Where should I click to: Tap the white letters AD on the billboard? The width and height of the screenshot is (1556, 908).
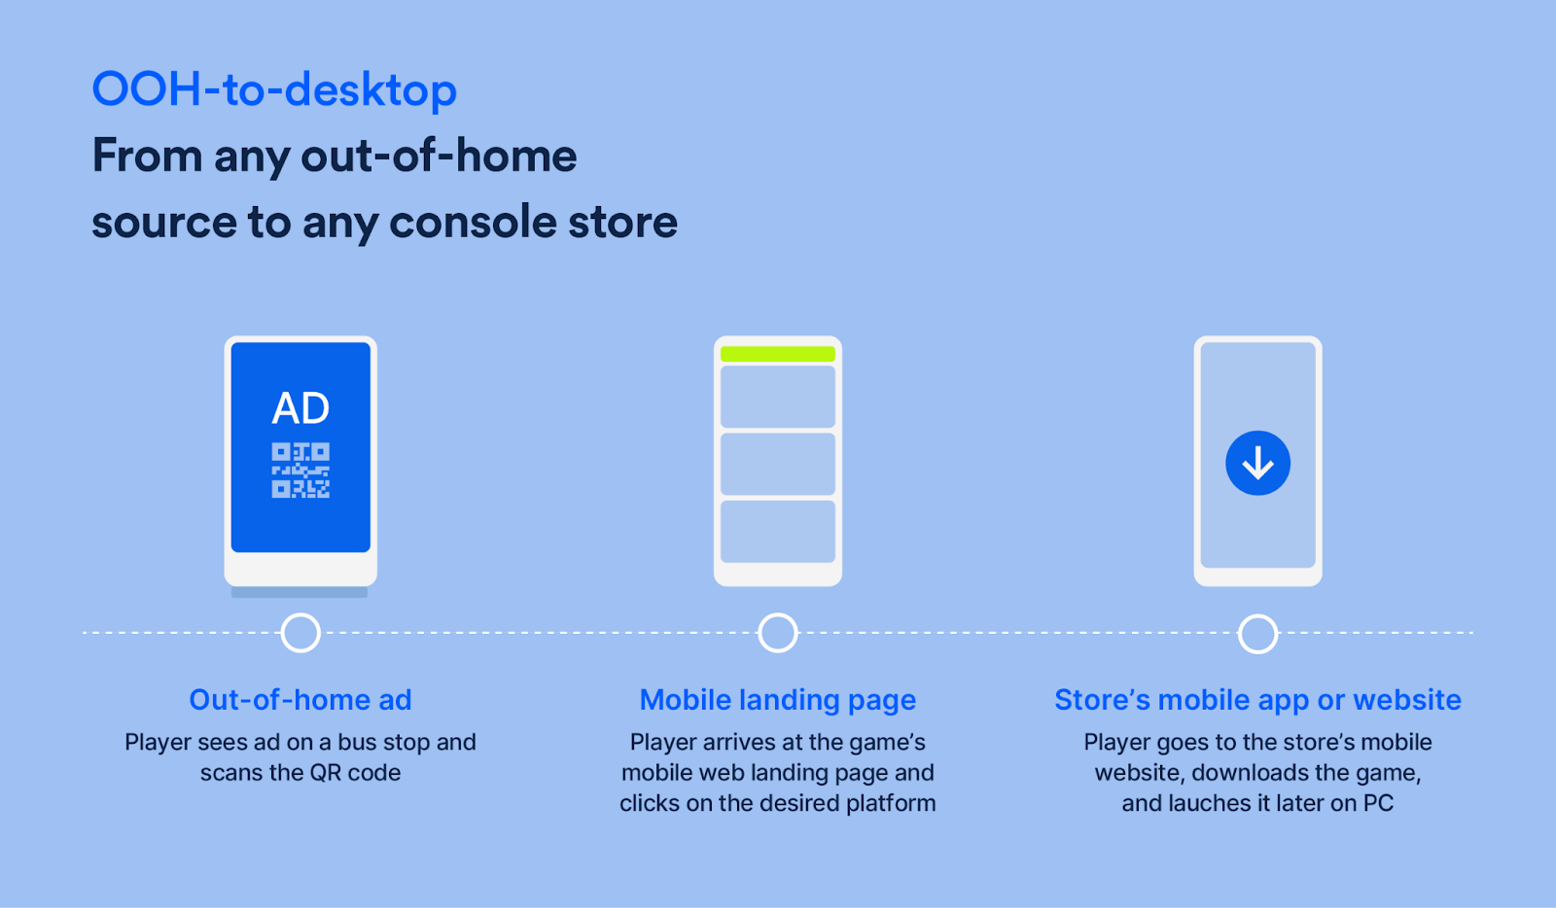tap(301, 408)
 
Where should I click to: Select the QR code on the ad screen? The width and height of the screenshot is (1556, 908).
tap(301, 470)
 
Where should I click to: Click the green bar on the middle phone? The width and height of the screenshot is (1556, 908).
tap(777, 354)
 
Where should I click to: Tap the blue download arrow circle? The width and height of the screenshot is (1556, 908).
tap(1258, 463)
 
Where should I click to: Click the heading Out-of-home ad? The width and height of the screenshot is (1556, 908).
tap(301, 700)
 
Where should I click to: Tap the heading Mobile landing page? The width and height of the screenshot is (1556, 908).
tap(777, 700)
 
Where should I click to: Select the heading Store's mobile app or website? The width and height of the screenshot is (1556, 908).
tap(1258, 700)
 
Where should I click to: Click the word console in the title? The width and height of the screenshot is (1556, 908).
tap(473, 223)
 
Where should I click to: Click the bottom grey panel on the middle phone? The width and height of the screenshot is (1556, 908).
tap(777, 531)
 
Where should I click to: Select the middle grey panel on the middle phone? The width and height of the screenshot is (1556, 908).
tap(777, 464)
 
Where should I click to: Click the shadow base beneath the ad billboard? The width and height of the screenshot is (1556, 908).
tap(300, 592)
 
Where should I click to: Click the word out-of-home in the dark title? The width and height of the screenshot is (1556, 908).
tap(439, 157)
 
